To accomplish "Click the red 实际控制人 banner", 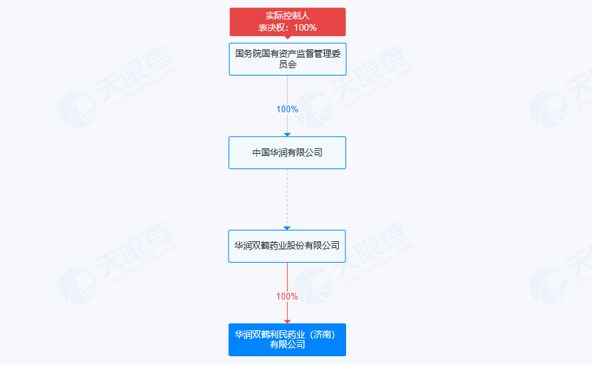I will [287, 21].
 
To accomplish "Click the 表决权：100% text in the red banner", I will [287, 28].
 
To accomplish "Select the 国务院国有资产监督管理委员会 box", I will [287, 58].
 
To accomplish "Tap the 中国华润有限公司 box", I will [287, 152].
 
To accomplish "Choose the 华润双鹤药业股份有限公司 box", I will [287, 246].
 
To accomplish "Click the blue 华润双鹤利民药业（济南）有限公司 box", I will [287, 340].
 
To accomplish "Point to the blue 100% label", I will [287, 109].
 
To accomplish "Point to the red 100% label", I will [287, 296].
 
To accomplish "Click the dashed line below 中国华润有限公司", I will [287, 197].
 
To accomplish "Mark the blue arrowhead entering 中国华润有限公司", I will [287, 134].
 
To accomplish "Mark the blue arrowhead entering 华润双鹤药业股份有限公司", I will [287, 228].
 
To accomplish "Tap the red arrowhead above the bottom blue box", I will [287, 322].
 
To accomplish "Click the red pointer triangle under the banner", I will [287, 38].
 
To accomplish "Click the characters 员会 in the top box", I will [287, 64].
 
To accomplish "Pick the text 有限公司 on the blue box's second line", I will [287, 345].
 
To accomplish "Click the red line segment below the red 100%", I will [287, 311].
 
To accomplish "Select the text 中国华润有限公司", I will [287, 152].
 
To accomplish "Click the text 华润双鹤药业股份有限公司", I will [287, 246].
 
